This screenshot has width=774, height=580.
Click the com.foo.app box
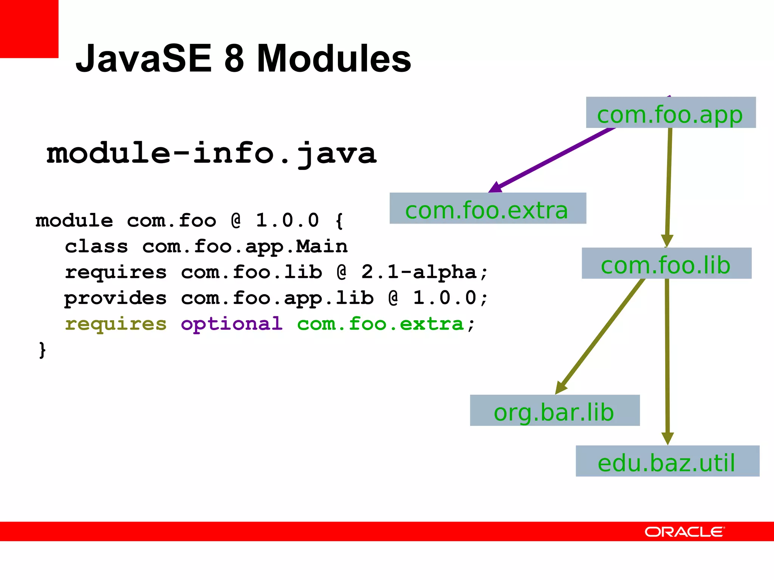[x=670, y=113]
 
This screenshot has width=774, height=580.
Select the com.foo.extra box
[x=488, y=208]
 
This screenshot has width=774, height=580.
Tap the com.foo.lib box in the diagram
[x=666, y=264]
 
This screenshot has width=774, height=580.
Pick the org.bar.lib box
[x=554, y=410]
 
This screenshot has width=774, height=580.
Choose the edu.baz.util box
[x=667, y=461]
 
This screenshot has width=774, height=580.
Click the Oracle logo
[x=684, y=532]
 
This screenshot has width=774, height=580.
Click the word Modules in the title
[x=334, y=59]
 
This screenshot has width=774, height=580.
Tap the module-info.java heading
[x=212, y=154]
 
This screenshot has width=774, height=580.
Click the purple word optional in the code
[x=232, y=324]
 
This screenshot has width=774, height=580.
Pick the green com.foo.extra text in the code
[x=380, y=324]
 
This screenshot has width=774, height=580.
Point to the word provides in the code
[x=115, y=298]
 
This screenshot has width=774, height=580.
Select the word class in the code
[x=96, y=247]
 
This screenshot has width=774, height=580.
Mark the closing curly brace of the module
[x=42, y=350]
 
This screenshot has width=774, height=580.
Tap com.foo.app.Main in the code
[x=245, y=247]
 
